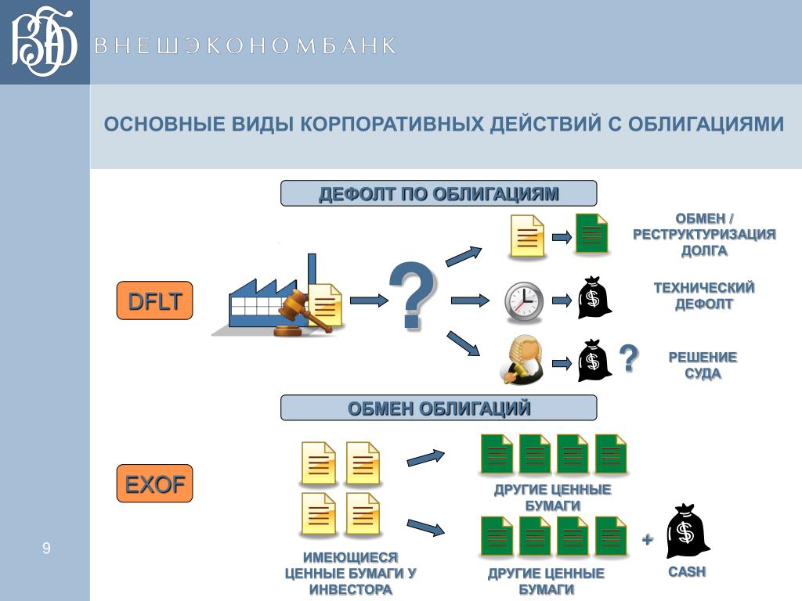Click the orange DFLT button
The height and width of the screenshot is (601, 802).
(x=154, y=300)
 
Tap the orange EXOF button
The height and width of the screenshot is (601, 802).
(x=154, y=484)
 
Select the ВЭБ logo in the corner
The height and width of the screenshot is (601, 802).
(x=44, y=41)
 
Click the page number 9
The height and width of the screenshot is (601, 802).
(x=46, y=549)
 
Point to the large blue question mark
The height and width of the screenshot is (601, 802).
(x=413, y=295)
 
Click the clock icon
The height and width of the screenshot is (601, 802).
(x=524, y=301)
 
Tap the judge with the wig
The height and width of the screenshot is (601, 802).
(x=522, y=360)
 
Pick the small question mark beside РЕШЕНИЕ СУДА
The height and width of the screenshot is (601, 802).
(x=629, y=358)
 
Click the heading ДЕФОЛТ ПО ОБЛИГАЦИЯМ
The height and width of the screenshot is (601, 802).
(x=439, y=194)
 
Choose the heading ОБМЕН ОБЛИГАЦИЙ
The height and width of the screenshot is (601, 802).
(x=439, y=408)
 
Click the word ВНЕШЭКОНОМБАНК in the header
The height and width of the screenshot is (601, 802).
(x=245, y=45)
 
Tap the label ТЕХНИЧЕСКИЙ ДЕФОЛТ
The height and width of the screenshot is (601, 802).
(x=704, y=295)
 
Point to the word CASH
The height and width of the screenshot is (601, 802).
(x=687, y=572)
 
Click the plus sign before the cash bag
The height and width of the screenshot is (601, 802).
(x=648, y=538)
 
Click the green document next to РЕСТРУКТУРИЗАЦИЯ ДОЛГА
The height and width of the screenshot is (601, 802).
(x=592, y=234)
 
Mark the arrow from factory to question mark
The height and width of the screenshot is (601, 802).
(x=369, y=300)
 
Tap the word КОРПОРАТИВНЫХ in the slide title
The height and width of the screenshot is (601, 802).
(x=392, y=124)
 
